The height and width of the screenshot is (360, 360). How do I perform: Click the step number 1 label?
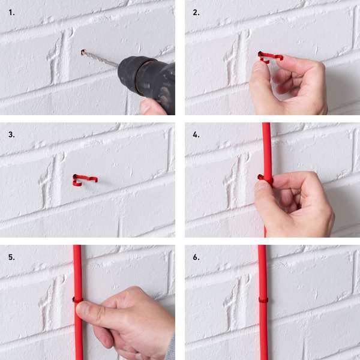(11, 13)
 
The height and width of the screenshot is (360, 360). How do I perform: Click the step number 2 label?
(196, 13)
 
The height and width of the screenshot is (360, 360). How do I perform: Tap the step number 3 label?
(11, 134)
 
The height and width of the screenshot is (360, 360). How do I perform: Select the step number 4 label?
(196, 134)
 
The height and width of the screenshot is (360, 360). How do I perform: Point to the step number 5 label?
(11, 257)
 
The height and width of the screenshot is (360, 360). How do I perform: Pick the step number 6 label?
(196, 257)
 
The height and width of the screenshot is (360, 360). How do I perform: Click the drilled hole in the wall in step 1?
(83, 53)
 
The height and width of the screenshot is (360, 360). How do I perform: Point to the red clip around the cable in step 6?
(263, 300)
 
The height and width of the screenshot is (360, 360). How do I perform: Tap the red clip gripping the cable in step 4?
(265, 178)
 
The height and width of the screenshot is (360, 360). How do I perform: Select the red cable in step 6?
(263, 302)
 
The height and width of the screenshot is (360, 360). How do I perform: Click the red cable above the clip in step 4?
(267, 149)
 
